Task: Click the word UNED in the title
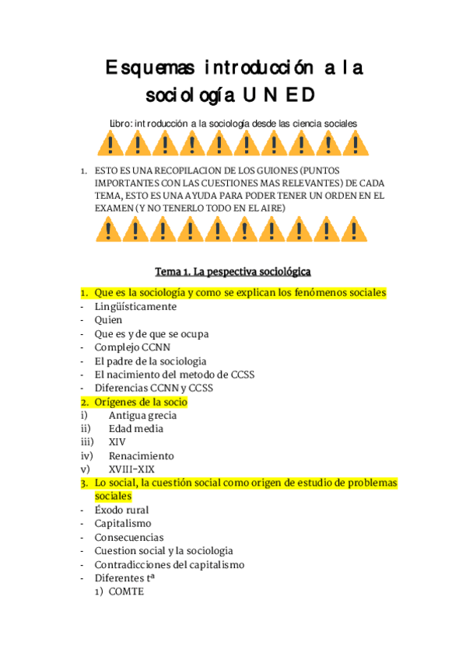pos(279,96)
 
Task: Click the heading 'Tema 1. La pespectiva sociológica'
pos(233,271)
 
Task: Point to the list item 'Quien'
pos(108,320)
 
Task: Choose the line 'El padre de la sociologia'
pos(150,361)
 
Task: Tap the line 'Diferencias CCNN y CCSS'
pos(153,388)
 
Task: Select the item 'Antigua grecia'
pos(142,415)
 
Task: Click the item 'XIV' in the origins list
pos(117,442)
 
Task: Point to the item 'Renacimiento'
pos(141,456)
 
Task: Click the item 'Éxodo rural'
pos(122,511)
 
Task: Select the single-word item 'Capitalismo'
pos(123,524)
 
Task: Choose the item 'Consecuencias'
pos(128,537)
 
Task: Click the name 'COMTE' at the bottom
pos(126,591)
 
